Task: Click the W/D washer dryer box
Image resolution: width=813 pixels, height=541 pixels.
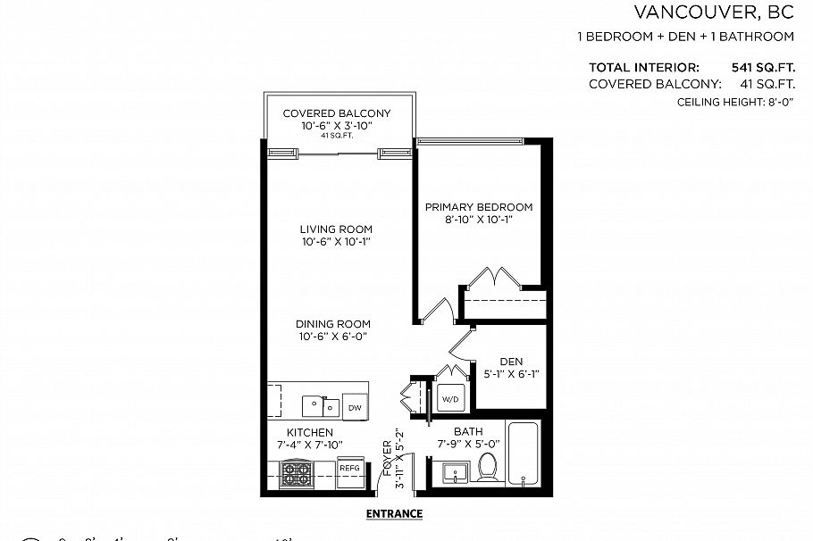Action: tap(448, 399)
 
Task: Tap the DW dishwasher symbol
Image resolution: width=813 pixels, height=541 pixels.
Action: tap(355, 407)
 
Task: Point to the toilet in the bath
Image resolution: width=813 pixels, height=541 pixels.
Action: tap(488, 467)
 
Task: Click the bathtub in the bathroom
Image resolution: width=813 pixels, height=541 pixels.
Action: tap(525, 453)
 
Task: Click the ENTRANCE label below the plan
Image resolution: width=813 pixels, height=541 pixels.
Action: tap(394, 514)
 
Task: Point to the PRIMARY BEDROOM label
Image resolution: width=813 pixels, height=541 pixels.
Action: tap(477, 207)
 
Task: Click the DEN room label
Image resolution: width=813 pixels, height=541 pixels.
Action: tap(510, 361)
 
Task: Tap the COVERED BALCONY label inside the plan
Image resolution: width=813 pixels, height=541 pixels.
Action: tap(336, 113)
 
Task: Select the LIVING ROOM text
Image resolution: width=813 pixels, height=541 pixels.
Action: tap(336, 229)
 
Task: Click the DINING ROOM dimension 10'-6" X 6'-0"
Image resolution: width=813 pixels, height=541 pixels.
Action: tap(335, 337)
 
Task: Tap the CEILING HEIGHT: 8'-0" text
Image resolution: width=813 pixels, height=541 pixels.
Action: tap(735, 104)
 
